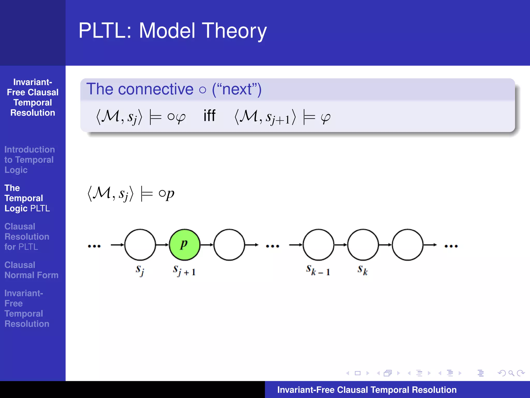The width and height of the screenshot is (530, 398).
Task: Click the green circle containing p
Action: tap(185, 245)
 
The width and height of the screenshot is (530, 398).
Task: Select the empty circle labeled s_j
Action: tap(140, 245)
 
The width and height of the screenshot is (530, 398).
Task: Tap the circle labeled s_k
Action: tap(363, 245)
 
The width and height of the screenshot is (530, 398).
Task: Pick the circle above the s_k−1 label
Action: tap(318, 245)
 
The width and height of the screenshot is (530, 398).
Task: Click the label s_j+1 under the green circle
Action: tap(184, 271)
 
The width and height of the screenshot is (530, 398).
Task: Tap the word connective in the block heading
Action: tap(156, 89)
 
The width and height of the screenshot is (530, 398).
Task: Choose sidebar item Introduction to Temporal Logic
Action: tap(29, 160)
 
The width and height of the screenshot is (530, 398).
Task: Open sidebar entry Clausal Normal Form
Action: tap(31, 270)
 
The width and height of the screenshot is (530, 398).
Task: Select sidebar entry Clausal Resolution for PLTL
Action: tap(27, 237)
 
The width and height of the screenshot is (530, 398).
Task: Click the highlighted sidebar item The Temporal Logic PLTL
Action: tap(27, 198)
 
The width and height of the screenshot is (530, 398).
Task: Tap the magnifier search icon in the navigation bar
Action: tap(511, 373)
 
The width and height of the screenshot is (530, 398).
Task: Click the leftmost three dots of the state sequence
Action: tap(94, 246)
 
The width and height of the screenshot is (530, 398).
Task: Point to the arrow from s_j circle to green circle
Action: tap(162, 245)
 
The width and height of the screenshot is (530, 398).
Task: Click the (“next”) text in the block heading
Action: tap(237, 89)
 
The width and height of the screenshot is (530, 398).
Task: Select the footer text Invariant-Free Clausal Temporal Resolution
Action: tap(367, 390)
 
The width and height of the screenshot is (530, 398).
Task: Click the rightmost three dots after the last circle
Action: tap(451, 246)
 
